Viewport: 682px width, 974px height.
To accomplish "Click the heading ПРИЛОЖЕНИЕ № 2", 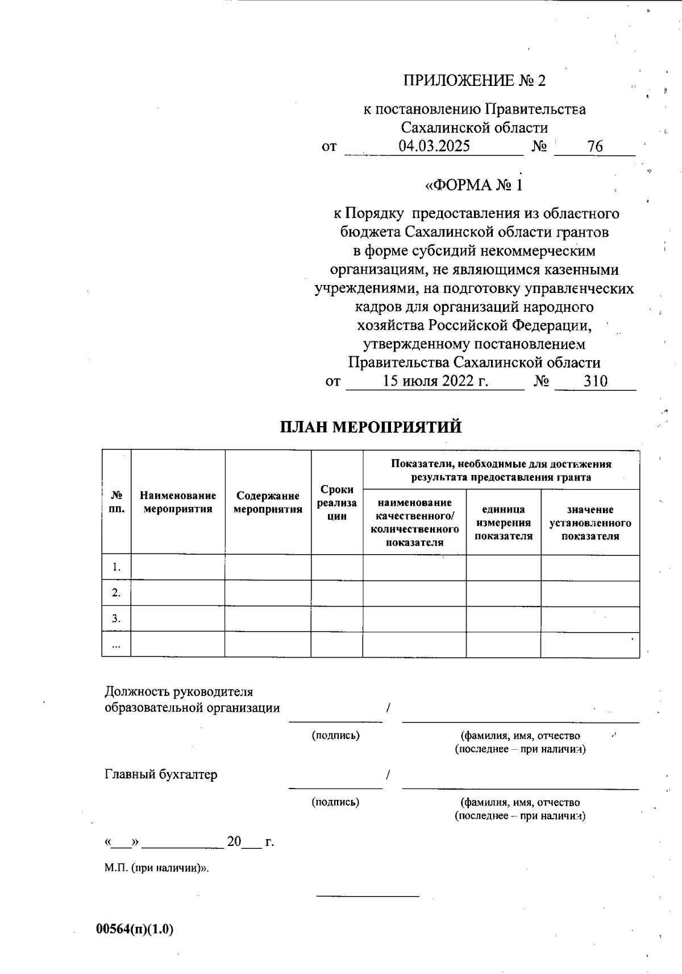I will coord(474,81).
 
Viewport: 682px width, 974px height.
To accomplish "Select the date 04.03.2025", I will coord(434,146).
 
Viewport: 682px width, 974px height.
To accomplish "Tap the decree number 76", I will coord(595,146).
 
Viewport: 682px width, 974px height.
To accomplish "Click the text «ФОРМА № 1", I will coord(473,185).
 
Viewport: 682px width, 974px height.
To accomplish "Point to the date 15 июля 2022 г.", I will coord(435,381).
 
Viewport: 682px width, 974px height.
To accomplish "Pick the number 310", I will coord(596,381).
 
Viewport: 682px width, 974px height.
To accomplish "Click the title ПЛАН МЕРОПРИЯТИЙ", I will coord(371,427).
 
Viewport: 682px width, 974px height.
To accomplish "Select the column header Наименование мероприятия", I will coord(178,502).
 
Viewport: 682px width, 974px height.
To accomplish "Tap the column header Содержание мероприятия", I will coord(268,502).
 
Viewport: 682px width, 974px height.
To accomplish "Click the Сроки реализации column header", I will coord(337,502).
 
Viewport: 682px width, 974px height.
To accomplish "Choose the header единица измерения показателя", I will coord(504,522).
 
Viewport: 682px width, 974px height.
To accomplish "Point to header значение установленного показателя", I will coord(590,522).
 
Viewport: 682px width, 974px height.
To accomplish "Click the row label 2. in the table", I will coord(116,593).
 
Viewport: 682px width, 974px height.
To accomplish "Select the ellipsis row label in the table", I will coord(116,645).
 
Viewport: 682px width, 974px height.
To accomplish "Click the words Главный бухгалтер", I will coord(161,774).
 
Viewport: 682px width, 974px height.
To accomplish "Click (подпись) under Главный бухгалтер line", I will coord(335,802).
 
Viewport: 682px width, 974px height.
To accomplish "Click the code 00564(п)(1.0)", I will coord(135,929).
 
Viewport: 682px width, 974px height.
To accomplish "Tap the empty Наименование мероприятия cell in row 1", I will coord(178,567).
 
